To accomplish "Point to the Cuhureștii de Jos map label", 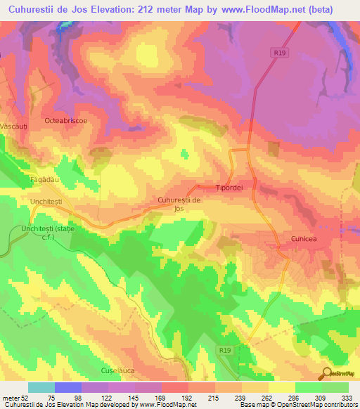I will [180, 204].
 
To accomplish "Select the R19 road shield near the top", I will [279, 52].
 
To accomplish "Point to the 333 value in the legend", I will [348, 397].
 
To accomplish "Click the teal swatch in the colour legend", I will [41, 387].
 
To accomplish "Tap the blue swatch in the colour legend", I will [68, 387].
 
